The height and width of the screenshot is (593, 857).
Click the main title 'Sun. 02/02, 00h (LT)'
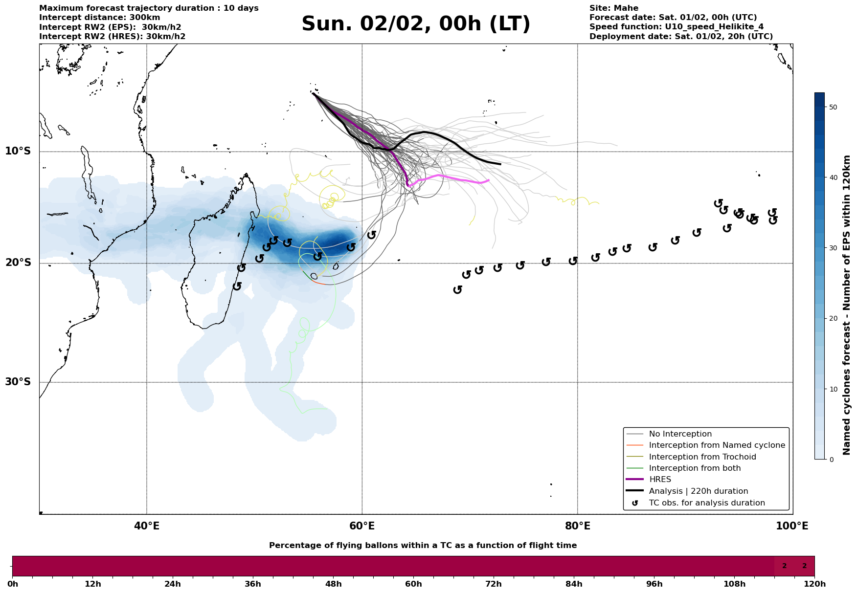click(x=416, y=24)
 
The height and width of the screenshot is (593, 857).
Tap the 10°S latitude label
click(x=18, y=151)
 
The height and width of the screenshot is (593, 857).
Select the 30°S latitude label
click(x=18, y=382)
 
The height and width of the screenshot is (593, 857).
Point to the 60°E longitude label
click(x=362, y=526)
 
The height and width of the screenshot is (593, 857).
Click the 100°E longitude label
click(x=792, y=526)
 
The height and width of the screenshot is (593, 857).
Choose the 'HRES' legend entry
click(x=660, y=480)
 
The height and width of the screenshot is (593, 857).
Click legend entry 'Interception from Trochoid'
click(x=702, y=457)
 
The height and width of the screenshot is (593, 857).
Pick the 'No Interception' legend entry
click(x=680, y=434)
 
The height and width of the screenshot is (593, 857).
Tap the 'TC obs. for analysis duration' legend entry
click(x=706, y=503)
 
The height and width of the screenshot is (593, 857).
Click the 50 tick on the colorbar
click(x=834, y=107)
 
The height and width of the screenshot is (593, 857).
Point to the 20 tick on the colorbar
click(x=834, y=319)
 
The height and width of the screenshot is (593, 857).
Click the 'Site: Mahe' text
click(x=613, y=8)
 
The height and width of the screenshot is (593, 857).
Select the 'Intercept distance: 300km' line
click(x=99, y=18)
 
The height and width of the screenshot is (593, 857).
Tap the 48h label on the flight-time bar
click(x=333, y=584)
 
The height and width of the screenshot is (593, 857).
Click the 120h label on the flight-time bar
click(x=814, y=584)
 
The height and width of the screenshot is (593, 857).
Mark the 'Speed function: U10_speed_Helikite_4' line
click(x=676, y=27)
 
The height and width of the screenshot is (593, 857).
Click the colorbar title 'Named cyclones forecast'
click(x=847, y=305)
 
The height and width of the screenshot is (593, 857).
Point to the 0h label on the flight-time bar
click(x=13, y=584)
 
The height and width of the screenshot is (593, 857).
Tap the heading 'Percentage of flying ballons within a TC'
click(x=423, y=546)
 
